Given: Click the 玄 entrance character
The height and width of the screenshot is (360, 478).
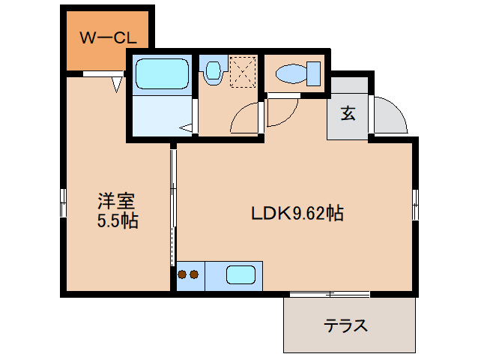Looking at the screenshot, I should (348, 114).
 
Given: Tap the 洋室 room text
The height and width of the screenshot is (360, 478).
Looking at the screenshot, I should (116, 201).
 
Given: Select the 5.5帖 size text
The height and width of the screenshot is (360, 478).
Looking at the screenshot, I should (116, 221).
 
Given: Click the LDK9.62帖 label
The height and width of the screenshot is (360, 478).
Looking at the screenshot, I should (297, 214).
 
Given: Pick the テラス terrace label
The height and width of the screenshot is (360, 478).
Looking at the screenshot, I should (345, 325).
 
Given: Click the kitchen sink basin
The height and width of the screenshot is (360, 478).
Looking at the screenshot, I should (240, 275).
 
